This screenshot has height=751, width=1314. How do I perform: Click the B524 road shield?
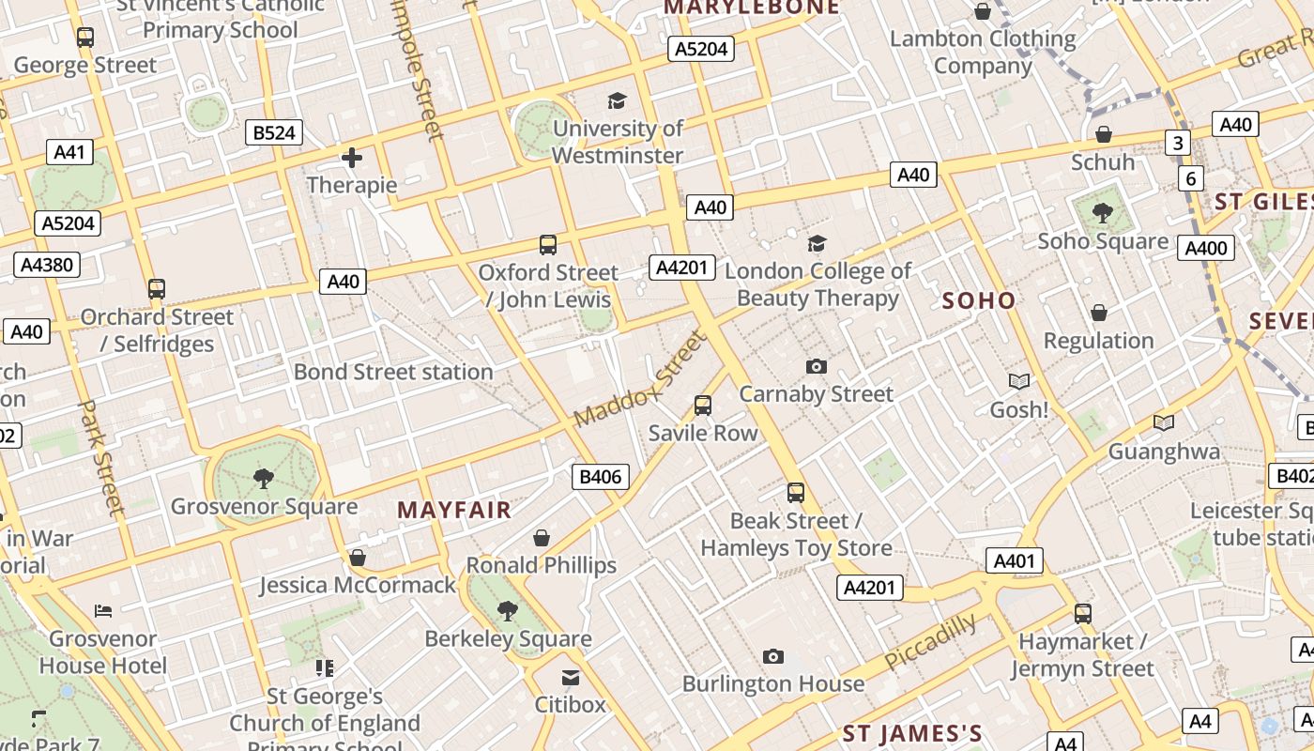[275, 132]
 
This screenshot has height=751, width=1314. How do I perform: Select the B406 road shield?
[601, 477]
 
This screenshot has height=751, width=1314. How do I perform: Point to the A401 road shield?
[1014, 561]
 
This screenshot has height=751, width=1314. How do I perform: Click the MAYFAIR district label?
[454, 510]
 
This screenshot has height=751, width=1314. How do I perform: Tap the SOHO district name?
[979, 300]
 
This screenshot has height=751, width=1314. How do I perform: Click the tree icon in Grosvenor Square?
[264, 479]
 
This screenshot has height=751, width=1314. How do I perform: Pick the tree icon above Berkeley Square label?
[508, 611]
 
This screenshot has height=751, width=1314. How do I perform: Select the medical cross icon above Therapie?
[352, 158]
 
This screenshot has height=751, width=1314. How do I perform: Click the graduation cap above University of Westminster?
[617, 100]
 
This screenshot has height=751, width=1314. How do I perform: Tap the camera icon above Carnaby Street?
[817, 366]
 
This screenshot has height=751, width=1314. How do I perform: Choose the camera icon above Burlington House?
[773, 656]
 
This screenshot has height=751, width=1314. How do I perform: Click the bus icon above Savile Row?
[703, 406]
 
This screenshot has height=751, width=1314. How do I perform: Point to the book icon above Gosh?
[1019, 382]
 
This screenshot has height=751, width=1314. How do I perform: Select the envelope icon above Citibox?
[571, 677]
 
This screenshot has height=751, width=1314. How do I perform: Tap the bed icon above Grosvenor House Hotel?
[103, 611]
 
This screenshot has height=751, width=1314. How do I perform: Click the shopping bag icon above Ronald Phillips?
[542, 538]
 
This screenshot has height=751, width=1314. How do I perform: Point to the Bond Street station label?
[393, 372]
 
